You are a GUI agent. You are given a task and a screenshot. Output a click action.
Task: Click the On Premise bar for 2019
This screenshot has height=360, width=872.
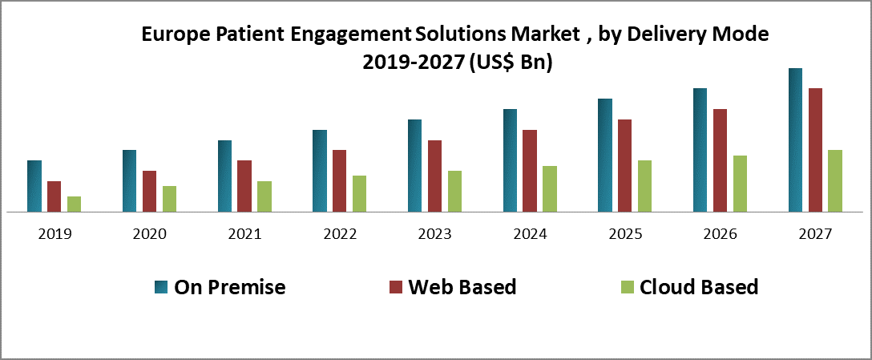tap(34, 186)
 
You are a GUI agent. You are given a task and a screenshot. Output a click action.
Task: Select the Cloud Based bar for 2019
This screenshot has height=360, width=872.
tap(74, 204)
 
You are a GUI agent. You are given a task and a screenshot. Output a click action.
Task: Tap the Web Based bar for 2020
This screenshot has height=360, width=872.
tap(149, 191)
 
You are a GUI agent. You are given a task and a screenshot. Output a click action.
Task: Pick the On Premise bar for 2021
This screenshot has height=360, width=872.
tap(224, 176)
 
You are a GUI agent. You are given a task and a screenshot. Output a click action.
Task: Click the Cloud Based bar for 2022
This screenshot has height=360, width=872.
tap(359, 193)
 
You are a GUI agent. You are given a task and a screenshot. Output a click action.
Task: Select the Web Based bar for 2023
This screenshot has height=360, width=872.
tap(434, 176)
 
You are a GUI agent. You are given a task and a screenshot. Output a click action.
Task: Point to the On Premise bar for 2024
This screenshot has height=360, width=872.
tap(510, 160)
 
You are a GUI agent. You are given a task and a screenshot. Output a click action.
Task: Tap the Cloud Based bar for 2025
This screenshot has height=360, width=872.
tap(644, 186)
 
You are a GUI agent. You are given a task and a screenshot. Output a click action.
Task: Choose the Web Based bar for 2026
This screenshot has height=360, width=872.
tap(720, 160)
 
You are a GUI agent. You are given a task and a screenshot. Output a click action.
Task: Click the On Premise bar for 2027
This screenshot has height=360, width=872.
tap(795, 140)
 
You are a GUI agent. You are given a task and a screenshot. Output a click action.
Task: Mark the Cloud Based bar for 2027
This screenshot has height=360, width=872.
tap(834, 180)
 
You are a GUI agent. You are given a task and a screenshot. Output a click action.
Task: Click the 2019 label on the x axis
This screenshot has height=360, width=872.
tap(54, 234)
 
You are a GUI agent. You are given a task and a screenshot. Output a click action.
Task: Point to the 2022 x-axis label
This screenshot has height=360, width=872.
tap(340, 234)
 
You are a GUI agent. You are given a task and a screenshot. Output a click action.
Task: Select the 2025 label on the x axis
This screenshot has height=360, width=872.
tap(625, 234)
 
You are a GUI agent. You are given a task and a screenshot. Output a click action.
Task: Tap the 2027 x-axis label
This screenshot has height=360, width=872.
tap(815, 234)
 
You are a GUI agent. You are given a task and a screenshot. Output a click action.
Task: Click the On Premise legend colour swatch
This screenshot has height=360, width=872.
tap(161, 287)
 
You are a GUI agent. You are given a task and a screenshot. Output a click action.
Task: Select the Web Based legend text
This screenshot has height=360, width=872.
tap(462, 287)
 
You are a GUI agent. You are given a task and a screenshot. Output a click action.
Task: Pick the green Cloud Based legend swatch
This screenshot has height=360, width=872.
tap(628, 287)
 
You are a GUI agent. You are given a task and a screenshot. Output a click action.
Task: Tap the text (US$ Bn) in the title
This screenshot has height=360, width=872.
tap(510, 63)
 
